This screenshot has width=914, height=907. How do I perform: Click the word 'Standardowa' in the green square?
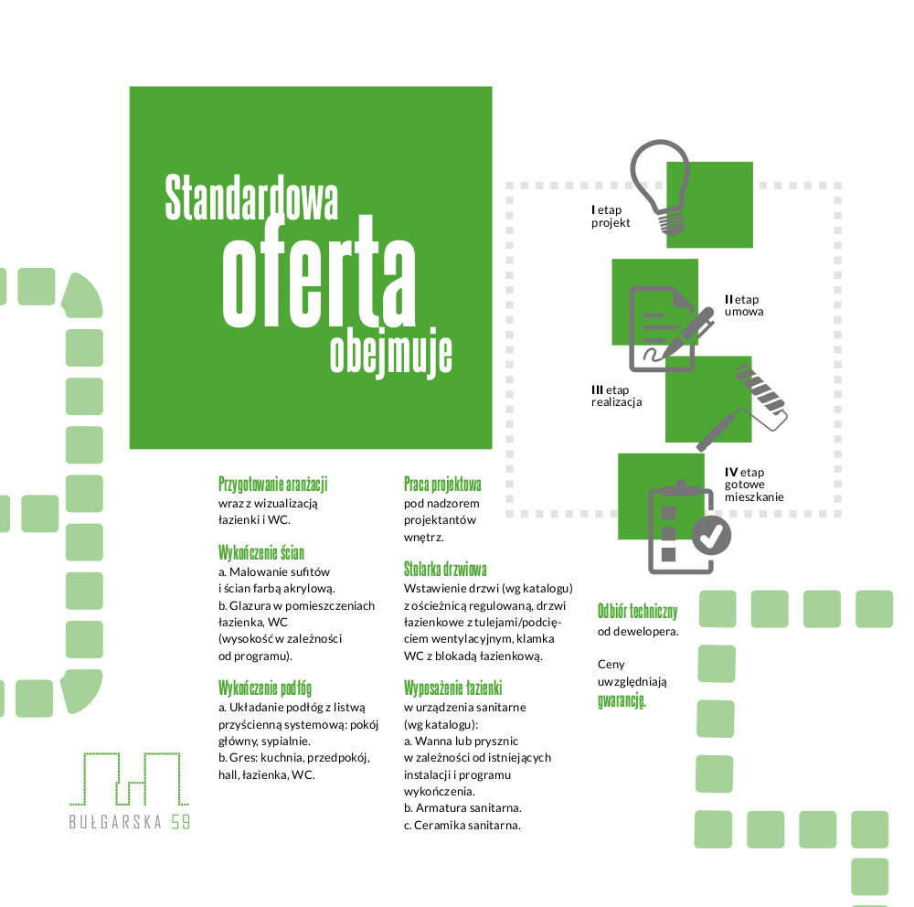click(x=251, y=197)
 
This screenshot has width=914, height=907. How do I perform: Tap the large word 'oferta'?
click(x=319, y=272)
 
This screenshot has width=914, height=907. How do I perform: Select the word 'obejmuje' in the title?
click(x=390, y=353)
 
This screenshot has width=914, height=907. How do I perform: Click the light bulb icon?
click(x=661, y=186)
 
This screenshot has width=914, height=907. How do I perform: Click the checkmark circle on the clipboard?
click(x=711, y=535)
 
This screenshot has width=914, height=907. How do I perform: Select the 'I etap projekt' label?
click(x=611, y=216)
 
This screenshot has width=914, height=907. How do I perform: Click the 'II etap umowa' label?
click(x=744, y=305)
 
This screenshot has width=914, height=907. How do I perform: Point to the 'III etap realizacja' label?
click(x=616, y=396)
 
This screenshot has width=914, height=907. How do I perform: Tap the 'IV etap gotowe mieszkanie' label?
click(x=754, y=484)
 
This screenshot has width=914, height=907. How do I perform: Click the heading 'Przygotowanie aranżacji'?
click(x=272, y=484)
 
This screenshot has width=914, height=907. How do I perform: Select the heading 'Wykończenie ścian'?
click(x=261, y=552)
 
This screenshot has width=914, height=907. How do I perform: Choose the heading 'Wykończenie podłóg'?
click(x=265, y=688)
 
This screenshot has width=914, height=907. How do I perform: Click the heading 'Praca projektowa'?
click(x=442, y=484)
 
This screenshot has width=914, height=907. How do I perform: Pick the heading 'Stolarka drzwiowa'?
click(x=445, y=570)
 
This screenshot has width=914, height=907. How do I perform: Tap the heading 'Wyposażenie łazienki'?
click(x=453, y=688)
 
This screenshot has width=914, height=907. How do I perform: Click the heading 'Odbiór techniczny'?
click(x=638, y=611)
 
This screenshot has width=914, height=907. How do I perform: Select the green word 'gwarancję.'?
click(x=622, y=700)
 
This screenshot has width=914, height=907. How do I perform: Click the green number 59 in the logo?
click(x=181, y=821)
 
